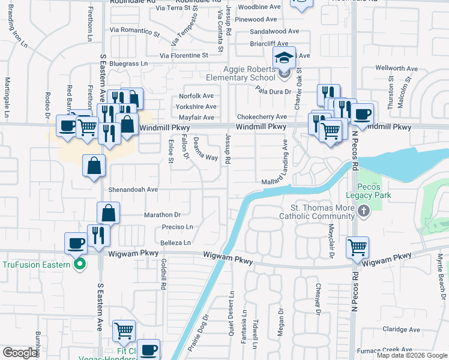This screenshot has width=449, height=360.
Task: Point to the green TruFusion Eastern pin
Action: coord(79,264)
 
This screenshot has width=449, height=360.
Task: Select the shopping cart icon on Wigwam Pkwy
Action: coord(357,246)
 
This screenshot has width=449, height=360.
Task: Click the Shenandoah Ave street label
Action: coord(133,189)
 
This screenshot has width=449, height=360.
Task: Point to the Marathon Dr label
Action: coord(162,215)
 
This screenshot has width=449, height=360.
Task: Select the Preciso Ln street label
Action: coord(177,227)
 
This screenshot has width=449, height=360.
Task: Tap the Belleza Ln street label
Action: coord(176,242)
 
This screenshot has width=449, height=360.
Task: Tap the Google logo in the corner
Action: coord(20,353)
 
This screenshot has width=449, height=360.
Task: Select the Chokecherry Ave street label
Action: coord(262,116)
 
